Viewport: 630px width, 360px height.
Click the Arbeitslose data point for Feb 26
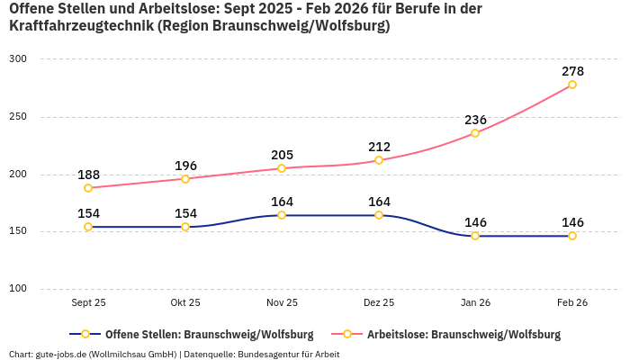pos(572,85)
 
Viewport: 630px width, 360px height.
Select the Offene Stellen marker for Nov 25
pos(282,215)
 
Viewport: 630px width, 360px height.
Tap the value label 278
pos(572,70)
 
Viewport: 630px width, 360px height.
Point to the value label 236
pos(475,120)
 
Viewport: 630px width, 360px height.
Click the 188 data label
pos(88,175)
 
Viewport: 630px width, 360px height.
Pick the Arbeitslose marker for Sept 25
pos(88,188)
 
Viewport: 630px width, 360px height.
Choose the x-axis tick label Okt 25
pos(185,303)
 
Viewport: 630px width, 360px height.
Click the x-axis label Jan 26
pos(475,303)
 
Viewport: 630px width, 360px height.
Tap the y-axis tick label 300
pos(19,59)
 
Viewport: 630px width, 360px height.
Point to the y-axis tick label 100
pos(19,289)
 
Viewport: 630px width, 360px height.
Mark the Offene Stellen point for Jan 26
pos(475,236)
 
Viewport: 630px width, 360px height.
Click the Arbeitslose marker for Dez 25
pos(379,160)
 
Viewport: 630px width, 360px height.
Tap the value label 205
pos(282,155)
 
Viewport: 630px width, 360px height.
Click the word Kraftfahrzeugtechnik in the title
pos(80,26)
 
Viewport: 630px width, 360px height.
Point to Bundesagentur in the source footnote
pos(267,354)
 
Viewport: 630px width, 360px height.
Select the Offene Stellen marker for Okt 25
pos(185,227)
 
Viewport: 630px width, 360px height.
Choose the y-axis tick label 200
pos(19,175)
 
